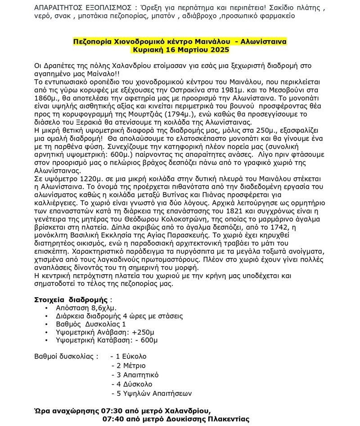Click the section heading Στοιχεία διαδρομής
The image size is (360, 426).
click(71, 299)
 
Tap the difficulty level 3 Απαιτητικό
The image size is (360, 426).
click(134, 375)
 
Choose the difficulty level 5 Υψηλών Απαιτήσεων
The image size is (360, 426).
click(153, 393)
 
